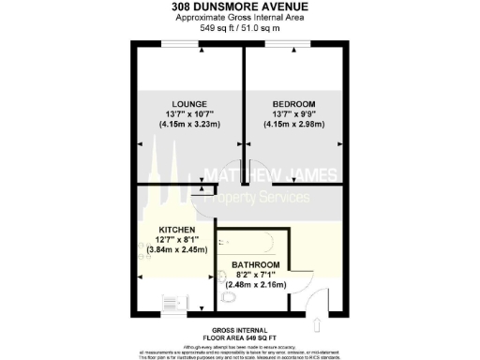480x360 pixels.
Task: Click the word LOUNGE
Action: [189, 102]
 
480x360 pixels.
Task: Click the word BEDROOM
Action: [294, 102]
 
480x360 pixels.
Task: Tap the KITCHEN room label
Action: [176, 230]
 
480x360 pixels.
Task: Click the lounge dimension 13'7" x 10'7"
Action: [189, 113]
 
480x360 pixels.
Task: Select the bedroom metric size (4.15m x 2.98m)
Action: [294, 125]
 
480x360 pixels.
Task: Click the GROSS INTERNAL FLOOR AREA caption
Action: [241, 335]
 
